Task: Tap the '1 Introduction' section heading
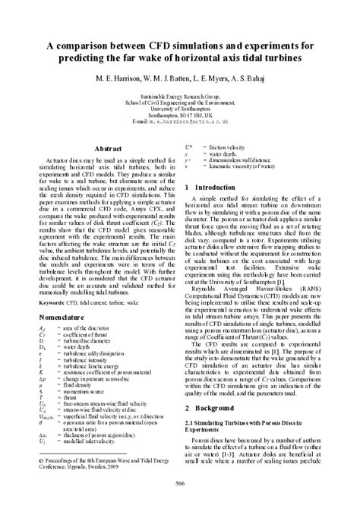pyautogui.click(x=219, y=187)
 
